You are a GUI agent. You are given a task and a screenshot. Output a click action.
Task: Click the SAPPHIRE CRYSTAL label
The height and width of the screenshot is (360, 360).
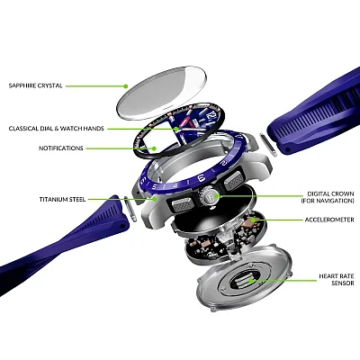pyautogui.click(x=36, y=85)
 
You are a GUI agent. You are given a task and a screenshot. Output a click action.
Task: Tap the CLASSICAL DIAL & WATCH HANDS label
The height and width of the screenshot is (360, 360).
pyautogui.click(x=57, y=129)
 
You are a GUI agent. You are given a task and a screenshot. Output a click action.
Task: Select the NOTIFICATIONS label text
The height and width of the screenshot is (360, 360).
pyautogui.click(x=61, y=148)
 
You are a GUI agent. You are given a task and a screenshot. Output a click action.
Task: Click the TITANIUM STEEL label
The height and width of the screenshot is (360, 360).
pyautogui.click(x=62, y=199)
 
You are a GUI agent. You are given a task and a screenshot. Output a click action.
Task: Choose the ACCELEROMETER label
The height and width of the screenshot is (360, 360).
pyautogui.click(x=329, y=220)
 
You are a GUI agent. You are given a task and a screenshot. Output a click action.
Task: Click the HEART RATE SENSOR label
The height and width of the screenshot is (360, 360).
pyautogui.click(x=337, y=279)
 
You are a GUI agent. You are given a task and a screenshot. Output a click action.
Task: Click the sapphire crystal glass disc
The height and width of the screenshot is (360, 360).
pyautogui.click(x=162, y=93)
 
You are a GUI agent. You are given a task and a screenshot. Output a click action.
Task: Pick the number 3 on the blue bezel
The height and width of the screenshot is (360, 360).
pyautogui.click(x=202, y=178)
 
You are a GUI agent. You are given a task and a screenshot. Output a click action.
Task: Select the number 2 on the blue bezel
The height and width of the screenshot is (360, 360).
pyautogui.click(x=223, y=163)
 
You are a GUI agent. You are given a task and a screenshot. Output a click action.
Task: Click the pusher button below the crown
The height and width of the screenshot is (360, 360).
pyautogui.click(x=181, y=204)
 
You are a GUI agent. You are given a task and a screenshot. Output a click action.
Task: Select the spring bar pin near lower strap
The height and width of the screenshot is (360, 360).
pyautogui.click(x=130, y=209)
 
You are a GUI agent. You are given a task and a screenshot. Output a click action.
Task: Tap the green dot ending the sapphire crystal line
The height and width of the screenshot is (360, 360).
pyautogui.click(x=126, y=86)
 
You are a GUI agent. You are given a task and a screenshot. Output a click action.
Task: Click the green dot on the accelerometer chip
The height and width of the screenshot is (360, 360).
pyautogui.click(x=254, y=220)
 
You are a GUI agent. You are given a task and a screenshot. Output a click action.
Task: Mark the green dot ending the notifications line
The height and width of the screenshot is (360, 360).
pyautogui.click(x=154, y=148)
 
